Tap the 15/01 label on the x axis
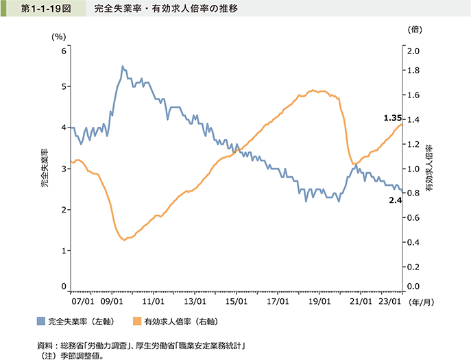tap(236, 301)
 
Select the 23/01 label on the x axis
tap(389, 301)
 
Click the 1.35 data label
tap(392, 118)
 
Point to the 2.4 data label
tap(394, 200)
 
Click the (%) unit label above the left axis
tap(58, 36)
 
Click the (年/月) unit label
tap(420, 301)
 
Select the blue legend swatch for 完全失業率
tap(41, 320)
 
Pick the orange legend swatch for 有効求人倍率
tap(137, 320)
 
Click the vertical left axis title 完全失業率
tap(44, 168)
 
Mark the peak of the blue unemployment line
tap(122, 67)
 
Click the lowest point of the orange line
tap(123, 240)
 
